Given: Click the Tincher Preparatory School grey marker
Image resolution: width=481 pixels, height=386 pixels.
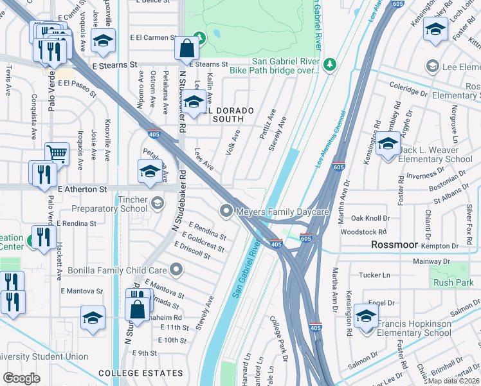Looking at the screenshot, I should click(x=157, y=205).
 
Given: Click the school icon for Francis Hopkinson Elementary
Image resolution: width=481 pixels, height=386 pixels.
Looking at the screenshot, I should click(x=367, y=316).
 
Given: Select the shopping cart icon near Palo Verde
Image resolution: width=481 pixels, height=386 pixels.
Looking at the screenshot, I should click(x=57, y=154).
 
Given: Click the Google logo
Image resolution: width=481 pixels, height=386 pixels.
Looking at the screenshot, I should click(x=22, y=378).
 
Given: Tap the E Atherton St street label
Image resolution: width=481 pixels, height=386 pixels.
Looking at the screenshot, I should click(x=82, y=190).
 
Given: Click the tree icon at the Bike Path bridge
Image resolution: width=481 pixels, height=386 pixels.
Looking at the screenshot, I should click(x=330, y=64).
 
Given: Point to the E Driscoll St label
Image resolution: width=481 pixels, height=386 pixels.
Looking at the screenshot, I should click(x=195, y=250).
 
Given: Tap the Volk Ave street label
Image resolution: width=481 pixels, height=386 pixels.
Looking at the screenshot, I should click(x=233, y=138).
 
